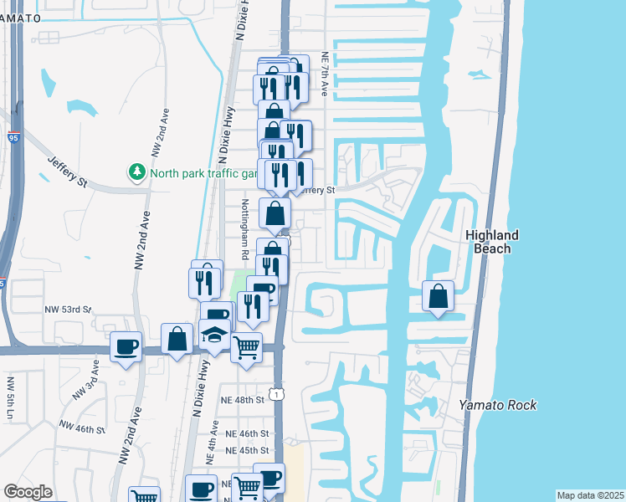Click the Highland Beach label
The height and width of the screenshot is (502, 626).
click(x=492, y=242)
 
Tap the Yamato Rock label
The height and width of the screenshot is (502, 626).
click(x=498, y=405)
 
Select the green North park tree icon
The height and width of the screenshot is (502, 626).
click(x=136, y=172)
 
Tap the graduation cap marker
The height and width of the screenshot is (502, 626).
click(x=215, y=336)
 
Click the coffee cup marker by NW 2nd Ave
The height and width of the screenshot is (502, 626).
click(x=126, y=346)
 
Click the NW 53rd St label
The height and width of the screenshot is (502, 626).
click(x=68, y=310)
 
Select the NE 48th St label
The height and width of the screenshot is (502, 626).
click(x=244, y=400)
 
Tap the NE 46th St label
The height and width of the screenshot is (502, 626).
click(x=248, y=433)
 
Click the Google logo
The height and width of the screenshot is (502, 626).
click(x=28, y=492)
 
